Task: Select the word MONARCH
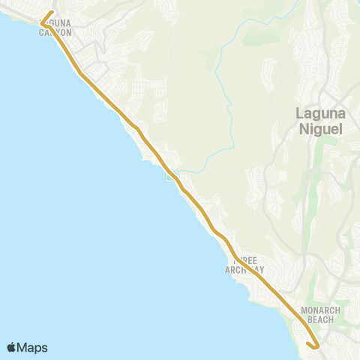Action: [x=320, y=310]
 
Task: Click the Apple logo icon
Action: [x=12, y=347]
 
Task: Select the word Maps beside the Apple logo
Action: [x=34, y=347]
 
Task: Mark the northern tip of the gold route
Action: [x=50, y=12]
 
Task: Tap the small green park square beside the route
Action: [x=171, y=177]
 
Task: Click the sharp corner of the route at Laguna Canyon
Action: [x=42, y=23]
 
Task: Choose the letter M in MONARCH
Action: [x=303, y=310]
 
